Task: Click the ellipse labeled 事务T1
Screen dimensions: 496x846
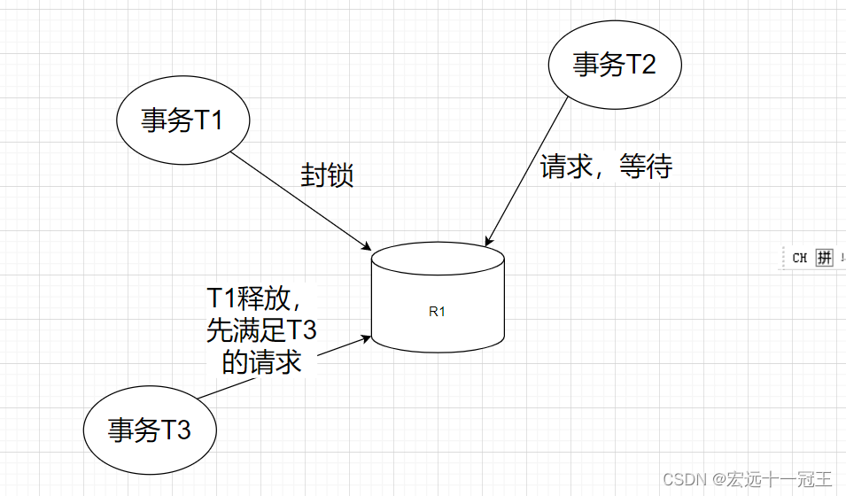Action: (182, 120)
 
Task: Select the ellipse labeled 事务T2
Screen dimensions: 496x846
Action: (614, 65)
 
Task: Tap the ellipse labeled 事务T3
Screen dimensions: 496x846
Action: (150, 430)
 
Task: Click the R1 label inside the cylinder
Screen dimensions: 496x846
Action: (437, 311)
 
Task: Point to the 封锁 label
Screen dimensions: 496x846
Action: (327, 175)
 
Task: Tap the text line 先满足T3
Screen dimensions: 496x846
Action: (260, 329)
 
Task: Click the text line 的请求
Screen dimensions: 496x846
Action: (260, 361)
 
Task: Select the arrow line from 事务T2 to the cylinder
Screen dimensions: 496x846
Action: (527, 168)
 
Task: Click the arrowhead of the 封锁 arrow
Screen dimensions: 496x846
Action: (364, 245)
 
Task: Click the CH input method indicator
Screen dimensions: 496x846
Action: (799, 258)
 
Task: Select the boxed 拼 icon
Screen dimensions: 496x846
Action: (824, 258)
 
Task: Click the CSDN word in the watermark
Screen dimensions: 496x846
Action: (681, 479)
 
